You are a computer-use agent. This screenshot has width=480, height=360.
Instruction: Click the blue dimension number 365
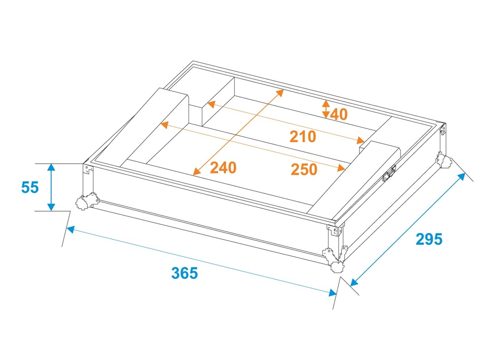click(x=185, y=273)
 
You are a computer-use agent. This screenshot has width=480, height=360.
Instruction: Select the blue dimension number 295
click(x=429, y=239)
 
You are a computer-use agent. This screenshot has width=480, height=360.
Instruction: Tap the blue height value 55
click(x=30, y=187)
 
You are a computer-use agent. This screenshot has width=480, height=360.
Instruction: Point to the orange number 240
click(x=223, y=168)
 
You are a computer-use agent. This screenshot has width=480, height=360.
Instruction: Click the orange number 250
click(x=304, y=169)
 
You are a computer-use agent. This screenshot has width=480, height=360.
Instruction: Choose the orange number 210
click(x=303, y=136)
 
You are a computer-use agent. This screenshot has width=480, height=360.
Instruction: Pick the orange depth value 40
click(x=339, y=115)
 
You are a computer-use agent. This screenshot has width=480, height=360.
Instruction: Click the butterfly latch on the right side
click(x=389, y=174)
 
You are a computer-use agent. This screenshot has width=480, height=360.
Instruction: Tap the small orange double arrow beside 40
click(x=326, y=109)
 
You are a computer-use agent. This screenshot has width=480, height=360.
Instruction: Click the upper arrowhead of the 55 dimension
click(x=51, y=167)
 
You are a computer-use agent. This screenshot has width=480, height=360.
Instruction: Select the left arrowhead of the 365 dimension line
click(x=70, y=229)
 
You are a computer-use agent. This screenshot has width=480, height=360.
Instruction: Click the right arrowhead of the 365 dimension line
click(x=333, y=293)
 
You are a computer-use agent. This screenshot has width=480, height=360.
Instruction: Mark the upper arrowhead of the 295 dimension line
click(x=461, y=177)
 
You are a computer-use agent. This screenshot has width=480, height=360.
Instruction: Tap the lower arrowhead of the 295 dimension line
click(x=354, y=282)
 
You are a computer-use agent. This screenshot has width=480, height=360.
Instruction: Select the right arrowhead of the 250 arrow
click(x=341, y=168)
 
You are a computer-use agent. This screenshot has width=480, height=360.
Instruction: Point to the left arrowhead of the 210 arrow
click(x=211, y=104)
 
